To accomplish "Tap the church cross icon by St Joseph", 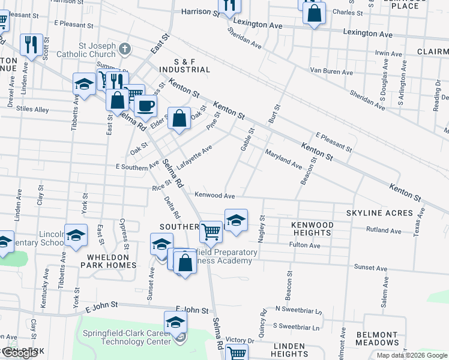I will click(x=124, y=48).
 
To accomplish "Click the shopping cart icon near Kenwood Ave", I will click(x=211, y=231).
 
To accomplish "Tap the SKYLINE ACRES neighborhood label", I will click(x=379, y=213).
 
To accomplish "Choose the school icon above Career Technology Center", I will click(x=175, y=322).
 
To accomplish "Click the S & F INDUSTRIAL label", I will click(x=192, y=65).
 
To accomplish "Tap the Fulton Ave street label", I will click(x=304, y=245).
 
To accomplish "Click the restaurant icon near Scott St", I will click(x=31, y=45).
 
